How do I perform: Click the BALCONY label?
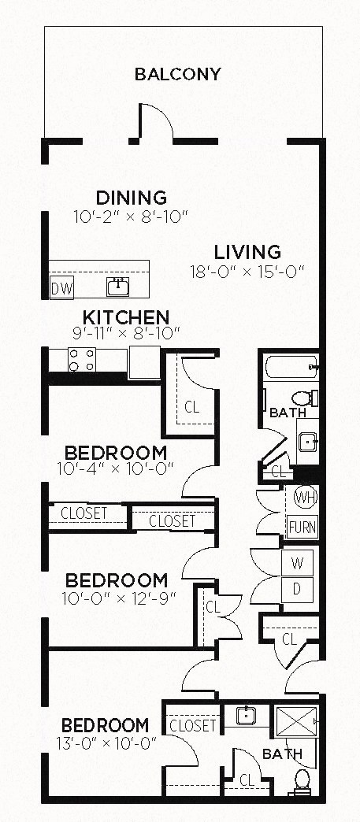[177, 75]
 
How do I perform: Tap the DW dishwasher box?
[61, 288]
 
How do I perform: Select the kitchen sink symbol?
[119, 287]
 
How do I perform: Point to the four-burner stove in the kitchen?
[82, 360]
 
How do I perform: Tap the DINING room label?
[131, 198]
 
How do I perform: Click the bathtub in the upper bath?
[289, 367]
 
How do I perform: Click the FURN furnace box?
[302, 527]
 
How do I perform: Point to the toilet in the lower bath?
[301, 782]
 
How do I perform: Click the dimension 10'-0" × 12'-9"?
[116, 598]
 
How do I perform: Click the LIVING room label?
[247, 253]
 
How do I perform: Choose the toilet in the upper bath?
[302, 398]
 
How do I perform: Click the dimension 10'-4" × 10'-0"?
[116, 470]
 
